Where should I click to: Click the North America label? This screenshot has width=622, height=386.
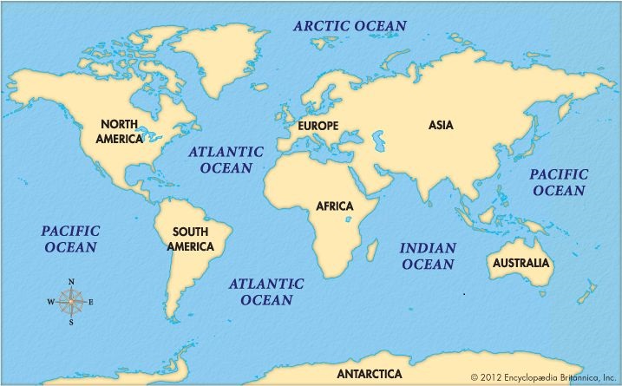click(121, 131)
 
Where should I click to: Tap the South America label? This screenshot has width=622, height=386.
click(192, 239)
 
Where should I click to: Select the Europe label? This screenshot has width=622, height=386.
click(318, 126)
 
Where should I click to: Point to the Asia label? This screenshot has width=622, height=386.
click(441, 125)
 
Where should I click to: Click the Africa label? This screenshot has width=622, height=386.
click(334, 206)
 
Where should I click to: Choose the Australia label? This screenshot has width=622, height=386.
click(521, 262)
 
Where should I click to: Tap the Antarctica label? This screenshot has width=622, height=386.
click(370, 374)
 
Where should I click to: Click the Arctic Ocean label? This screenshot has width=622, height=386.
click(350, 25)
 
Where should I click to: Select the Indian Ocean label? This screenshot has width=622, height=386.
click(427, 256)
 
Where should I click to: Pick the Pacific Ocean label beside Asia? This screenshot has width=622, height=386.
click(559, 182)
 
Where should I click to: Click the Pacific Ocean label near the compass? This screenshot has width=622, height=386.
click(70, 239)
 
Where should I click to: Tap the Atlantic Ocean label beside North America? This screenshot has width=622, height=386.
click(226, 159)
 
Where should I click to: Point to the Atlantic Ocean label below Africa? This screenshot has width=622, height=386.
click(266, 291)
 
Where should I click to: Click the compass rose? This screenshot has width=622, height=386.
click(71, 302)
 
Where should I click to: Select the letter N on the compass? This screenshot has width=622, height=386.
click(71, 281)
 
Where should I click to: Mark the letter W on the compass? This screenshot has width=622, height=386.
click(50, 302)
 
